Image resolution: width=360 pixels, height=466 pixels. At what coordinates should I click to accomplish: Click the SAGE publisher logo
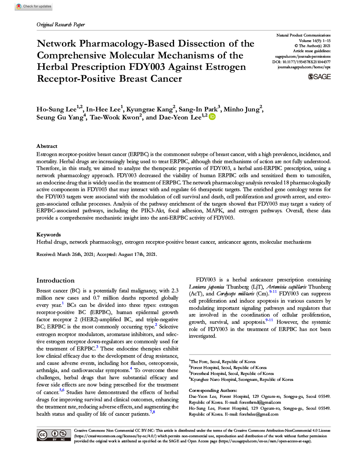point(320,77)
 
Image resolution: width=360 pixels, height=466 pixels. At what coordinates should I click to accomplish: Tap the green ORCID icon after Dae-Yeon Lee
point(212,117)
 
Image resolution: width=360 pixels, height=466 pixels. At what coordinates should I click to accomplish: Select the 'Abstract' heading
point(47,146)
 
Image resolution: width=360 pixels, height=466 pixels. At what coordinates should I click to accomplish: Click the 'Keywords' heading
point(48,235)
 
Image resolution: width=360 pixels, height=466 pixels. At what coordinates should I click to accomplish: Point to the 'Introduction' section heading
point(55,280)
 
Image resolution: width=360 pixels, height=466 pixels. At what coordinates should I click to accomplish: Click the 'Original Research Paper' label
point(61,25)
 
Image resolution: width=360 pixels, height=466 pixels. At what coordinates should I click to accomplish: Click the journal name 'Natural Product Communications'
point(303,35)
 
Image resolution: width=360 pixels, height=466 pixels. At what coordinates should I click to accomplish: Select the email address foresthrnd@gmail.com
point(260,402)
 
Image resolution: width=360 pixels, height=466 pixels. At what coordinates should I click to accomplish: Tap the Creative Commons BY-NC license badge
point(54,435)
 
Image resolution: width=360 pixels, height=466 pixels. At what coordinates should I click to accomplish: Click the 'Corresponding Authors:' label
point(213,390)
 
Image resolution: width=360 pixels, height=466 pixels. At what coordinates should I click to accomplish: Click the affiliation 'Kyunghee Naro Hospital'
point(214,380)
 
